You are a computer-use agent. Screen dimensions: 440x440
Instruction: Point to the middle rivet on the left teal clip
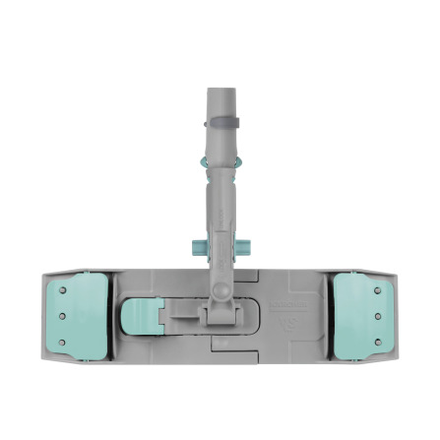pos(62,316)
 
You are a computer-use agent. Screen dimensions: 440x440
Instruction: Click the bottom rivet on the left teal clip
pos(63,342)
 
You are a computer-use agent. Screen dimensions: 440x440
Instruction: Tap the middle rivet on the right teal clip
pos(378,316)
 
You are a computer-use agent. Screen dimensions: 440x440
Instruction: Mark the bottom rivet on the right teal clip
pos(377,342)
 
